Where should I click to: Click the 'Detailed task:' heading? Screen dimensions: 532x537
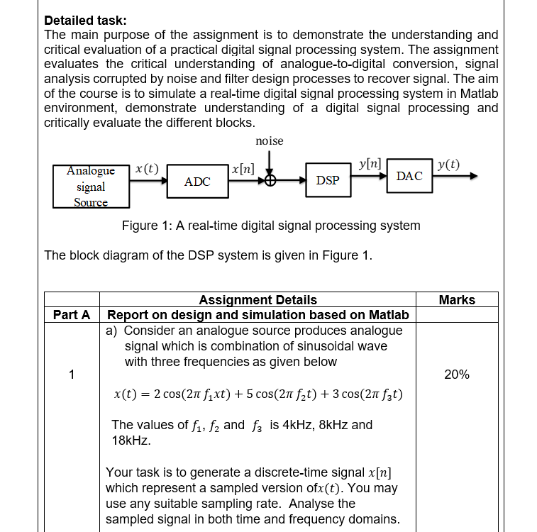click(85, 21)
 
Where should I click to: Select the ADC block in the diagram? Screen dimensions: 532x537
click(197, 182)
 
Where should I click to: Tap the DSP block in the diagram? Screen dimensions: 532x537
click(327, 181)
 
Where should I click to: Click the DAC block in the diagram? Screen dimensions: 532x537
click(409, 176)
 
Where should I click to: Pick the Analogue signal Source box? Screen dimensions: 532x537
click(91, 187)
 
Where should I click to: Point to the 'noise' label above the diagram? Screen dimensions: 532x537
click(269, 141)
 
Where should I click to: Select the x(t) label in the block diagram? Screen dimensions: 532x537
click(146, 168)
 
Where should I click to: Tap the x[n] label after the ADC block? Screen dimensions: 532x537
click(243, 169)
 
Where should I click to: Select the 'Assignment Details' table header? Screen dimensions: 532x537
click(258, 300)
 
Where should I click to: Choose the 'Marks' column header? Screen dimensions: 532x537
click(457, 300)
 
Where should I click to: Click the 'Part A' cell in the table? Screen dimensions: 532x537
click(72, 314)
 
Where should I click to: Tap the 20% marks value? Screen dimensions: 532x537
click(457, 374)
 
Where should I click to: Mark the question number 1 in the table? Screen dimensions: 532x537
click(72, 374)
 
